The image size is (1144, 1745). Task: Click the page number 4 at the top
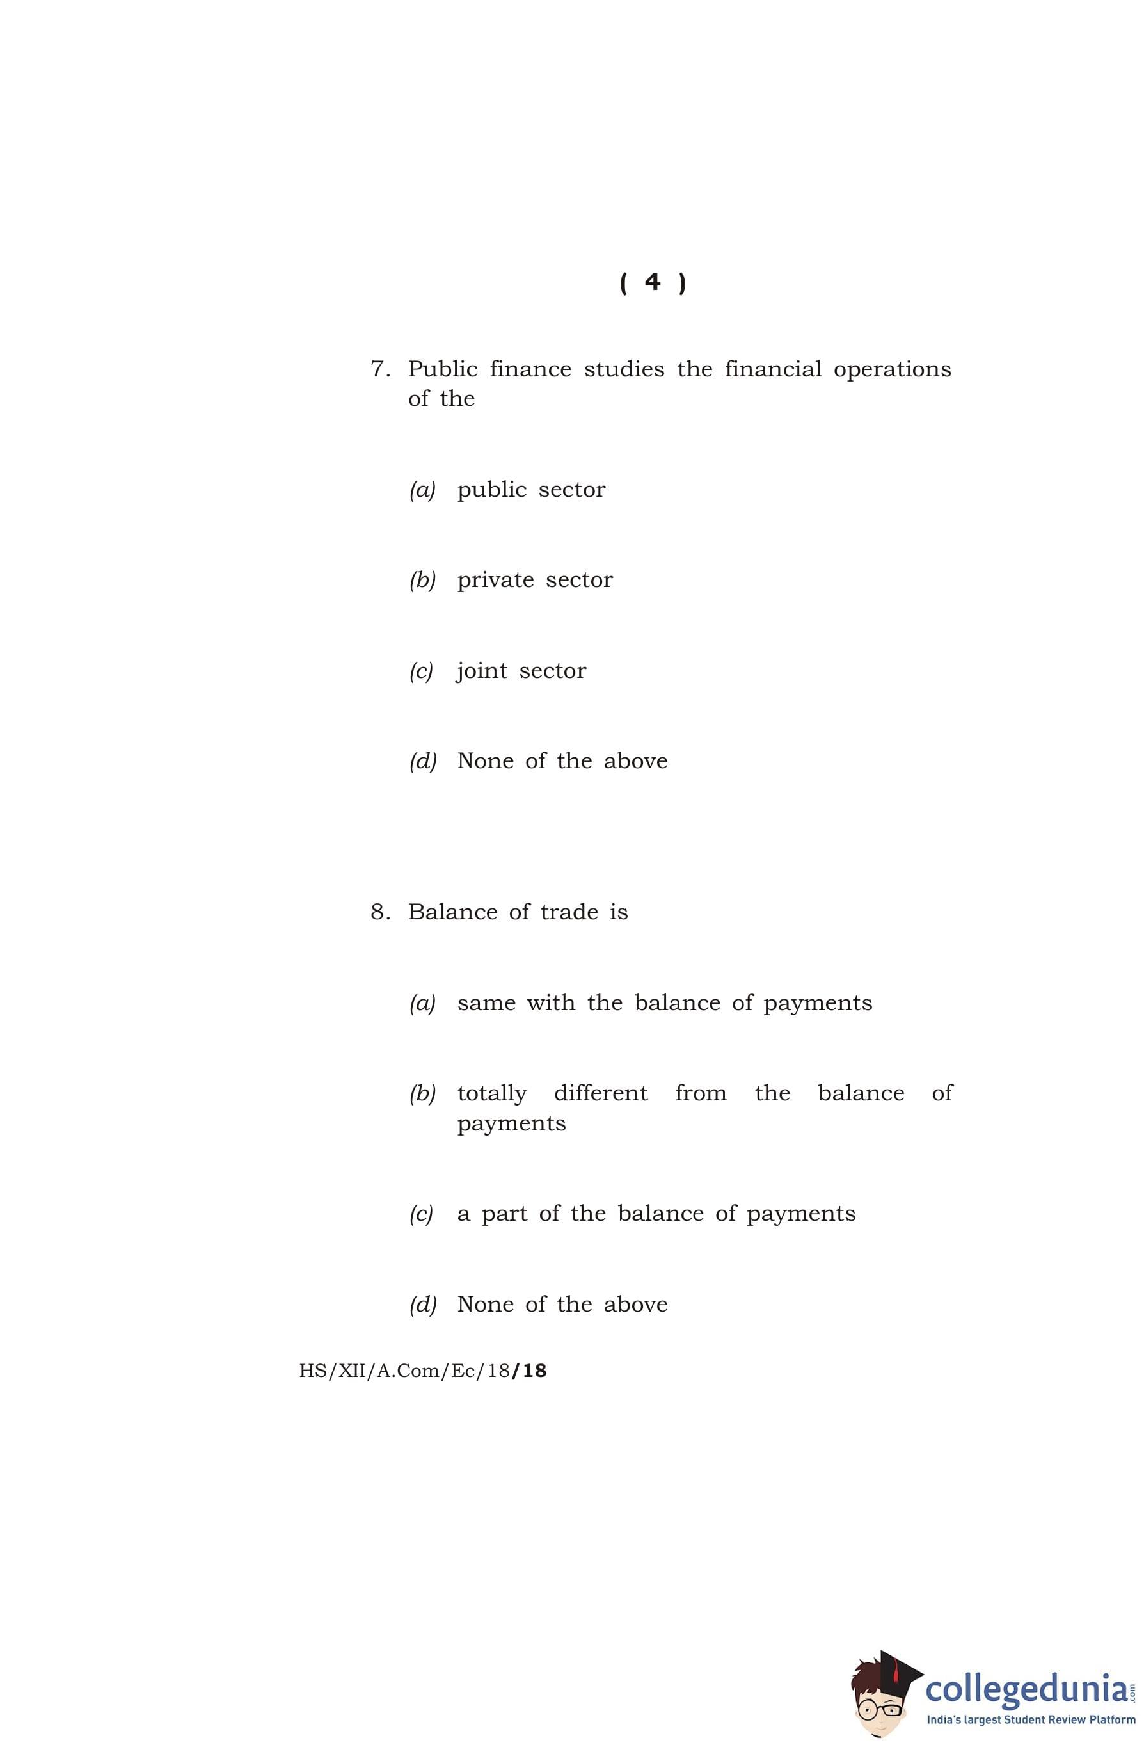[651, 282]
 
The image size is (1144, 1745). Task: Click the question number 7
[379, 369]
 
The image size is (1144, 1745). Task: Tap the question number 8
[379, 912]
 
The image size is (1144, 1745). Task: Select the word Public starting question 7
[443, 369]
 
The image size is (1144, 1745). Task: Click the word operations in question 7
[892, 370]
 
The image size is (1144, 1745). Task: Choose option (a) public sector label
[422, 490]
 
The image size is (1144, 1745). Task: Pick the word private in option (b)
[495, 581]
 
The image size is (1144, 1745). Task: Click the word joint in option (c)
[482, 671]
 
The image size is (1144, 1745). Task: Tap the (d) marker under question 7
[423, 761]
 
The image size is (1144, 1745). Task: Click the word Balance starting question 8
[452, 912]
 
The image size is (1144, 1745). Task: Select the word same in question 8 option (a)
[486, 1002]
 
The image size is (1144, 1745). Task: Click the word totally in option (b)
[492, 1093]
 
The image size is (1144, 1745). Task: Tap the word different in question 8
[600, 1093]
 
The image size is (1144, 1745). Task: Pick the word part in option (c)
[504, 1214]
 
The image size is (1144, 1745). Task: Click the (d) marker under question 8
[423, 1305]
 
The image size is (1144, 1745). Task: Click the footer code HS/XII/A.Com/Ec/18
[422, 1371]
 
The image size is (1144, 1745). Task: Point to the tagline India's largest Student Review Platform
[1030, 1719]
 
